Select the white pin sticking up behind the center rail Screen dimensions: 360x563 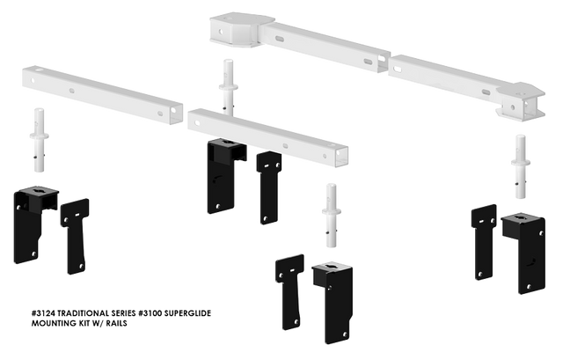click(x=229, y=84)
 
